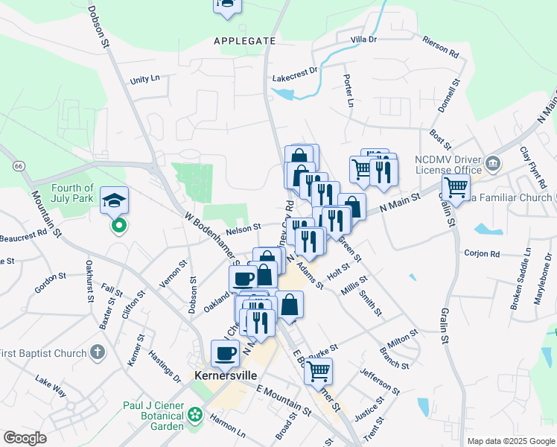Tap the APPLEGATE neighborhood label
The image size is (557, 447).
point(239,40)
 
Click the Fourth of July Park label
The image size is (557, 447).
point(73,193)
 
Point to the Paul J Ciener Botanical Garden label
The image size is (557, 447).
point(153,416)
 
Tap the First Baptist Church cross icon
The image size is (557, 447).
point(97,351)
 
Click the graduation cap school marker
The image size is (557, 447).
point(115,200)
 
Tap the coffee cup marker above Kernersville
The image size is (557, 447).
point(225,353)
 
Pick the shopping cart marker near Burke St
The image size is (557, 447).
point(319,370)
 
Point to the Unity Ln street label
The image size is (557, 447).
point(144,79)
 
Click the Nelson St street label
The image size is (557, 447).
point(246,227)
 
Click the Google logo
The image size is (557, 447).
point(25,438)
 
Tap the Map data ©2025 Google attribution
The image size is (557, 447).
point(511,441)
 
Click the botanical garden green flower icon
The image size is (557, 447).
point(195,413)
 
